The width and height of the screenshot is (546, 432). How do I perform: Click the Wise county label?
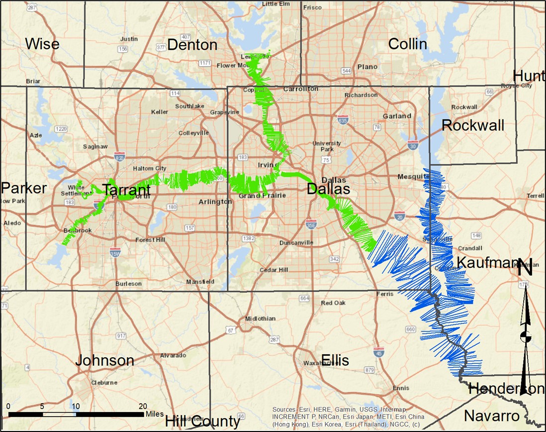pos(42,44)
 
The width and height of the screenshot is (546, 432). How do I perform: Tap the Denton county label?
pos(192,45)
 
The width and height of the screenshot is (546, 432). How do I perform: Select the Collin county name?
pos(407,44)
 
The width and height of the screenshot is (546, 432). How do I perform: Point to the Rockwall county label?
pos(472,125)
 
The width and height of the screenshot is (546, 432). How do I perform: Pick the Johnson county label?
pos(104,360)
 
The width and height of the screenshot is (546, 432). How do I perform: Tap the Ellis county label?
pos(335,360)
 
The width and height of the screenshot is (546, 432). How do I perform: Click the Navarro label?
pos(492,416)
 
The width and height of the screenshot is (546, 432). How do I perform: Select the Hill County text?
pos(202,421)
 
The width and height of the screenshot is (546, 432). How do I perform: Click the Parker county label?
pos(23,188)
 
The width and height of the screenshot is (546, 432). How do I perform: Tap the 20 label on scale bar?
pos(142,406)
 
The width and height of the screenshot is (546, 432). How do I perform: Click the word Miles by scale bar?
pos(154,414)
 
